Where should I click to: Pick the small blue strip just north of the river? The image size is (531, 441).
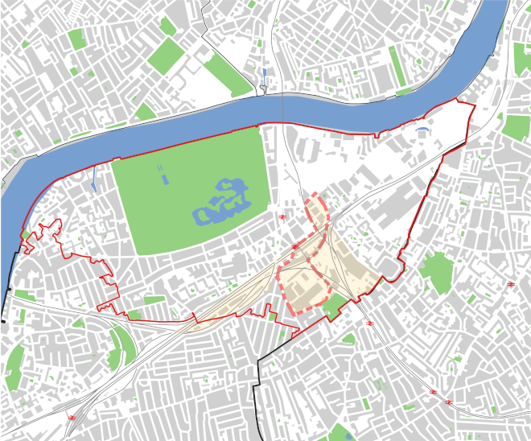point(264,78)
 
